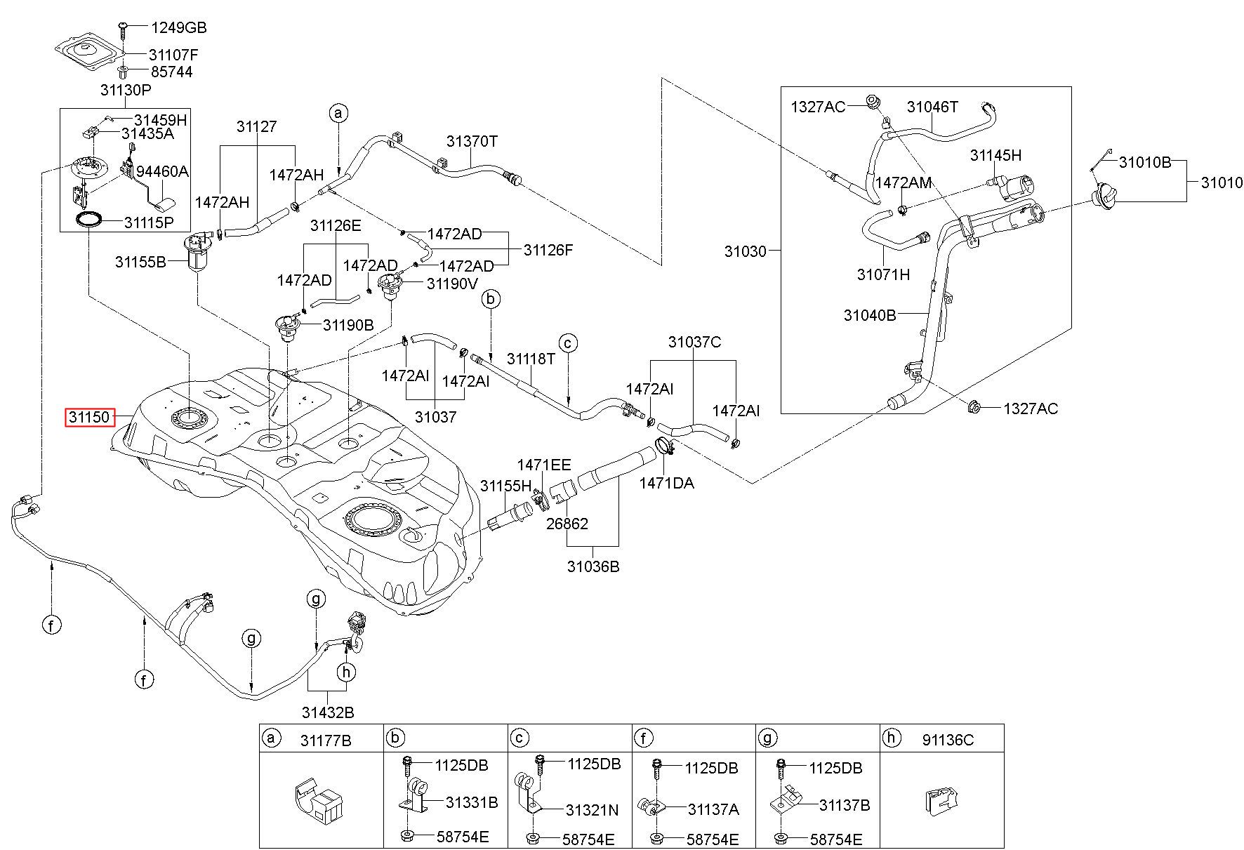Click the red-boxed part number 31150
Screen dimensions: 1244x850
click(x=89, y=418)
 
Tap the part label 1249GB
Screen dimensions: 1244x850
click(x=178, y=28)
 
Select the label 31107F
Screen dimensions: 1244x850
click(x=173, y=54)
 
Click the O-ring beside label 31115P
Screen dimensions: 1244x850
click(x=88, y=221)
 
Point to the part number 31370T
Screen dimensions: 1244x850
click(x=472, y=141)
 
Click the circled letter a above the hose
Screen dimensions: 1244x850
click(x=338, y=113)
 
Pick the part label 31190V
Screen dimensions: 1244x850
click(x=453, y=284)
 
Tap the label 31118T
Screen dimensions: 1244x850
click(x=531, y=359)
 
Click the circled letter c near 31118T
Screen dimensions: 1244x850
click(x=569, y=343)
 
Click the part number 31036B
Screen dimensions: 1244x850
click(x=593, y=566)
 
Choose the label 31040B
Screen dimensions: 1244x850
click(x=870, y=315)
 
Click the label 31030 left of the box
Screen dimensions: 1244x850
click(x=746, y=251)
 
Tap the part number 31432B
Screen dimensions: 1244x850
click(x=328, y=712)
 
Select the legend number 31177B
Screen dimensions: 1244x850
click(x=326, y=740)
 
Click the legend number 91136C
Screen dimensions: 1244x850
click(x=948, y=740)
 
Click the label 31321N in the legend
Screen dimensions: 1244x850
click(x=593, y=810)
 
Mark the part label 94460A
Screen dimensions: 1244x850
click(x=162, y=172)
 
